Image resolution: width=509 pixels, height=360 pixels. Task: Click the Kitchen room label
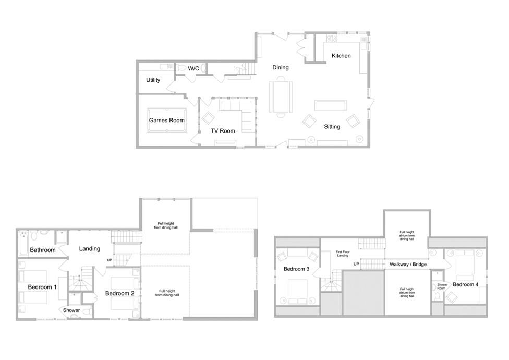(341, 56)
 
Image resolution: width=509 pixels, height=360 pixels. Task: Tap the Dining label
(281, 67)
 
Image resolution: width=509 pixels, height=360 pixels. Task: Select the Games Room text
(166, 120)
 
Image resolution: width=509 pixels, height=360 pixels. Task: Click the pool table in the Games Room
(167, 120)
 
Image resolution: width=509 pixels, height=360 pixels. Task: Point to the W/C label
(193, 68)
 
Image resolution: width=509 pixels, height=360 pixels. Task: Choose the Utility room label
(153, 80)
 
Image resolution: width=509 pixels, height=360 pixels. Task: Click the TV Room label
(223, 131)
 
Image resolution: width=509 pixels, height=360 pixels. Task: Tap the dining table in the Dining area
(281, 97)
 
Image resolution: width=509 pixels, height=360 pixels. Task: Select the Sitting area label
(332, 127)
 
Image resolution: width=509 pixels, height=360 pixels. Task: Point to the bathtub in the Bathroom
(23, 244)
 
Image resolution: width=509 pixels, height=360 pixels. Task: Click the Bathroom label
(43, 250)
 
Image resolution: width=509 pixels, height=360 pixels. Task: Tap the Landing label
(90, 249)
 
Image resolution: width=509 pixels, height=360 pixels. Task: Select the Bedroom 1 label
(42, 287)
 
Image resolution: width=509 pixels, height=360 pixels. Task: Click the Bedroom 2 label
(120, 293)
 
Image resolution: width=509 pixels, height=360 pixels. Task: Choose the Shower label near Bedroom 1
(71, 310)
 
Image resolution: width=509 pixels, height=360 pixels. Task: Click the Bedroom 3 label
(296, 269)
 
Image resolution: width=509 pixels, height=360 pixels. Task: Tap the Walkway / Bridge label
(408, 264)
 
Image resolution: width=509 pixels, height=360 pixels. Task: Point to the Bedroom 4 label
(466, 285)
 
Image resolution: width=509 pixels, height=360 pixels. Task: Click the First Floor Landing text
(343, 254)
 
